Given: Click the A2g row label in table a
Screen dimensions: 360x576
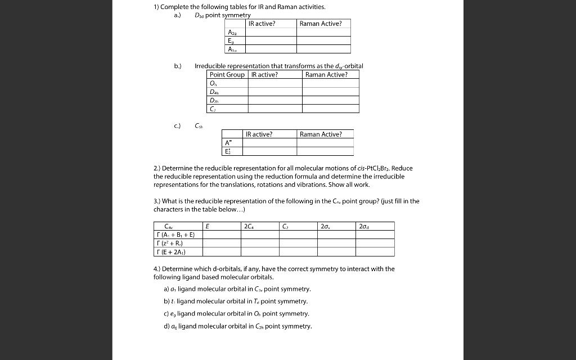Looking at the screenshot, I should pyautogui.click(x=232, y=32).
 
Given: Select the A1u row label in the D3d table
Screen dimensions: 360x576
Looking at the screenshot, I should pyautogui.click(x=232, y=49).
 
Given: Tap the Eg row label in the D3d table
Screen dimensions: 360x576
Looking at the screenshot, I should pyautogui.click(x=231, y=40).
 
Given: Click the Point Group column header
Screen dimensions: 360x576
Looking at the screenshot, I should pyautogui.click(x=227, y=75).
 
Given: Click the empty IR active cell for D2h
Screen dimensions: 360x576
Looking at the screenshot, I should pyautogui.click(x=276, y=100).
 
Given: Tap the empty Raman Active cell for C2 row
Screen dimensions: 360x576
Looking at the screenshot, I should pyautogui.click(x=331, y=109).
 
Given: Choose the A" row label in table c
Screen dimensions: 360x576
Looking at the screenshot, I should pyautogui.click(x=228, y=143).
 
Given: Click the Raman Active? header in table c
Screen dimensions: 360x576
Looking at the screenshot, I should pyautogui.click(x=320, y=134).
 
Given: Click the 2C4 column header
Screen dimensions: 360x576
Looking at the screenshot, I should pyautogui.click(x=250, y=226).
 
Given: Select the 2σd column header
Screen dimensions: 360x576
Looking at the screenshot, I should pyautogui.click(x=364, y=226).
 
